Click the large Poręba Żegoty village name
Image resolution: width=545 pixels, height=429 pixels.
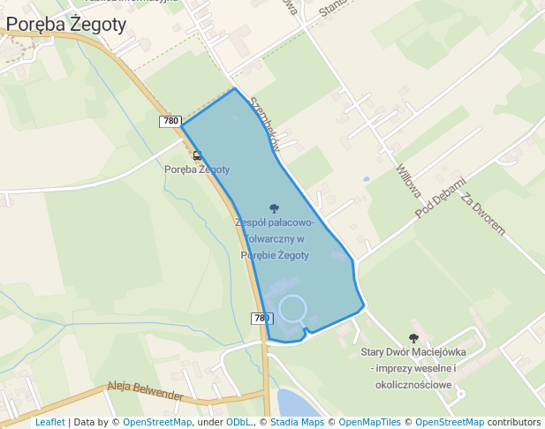65,25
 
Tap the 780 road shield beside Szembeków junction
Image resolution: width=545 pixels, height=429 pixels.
171,121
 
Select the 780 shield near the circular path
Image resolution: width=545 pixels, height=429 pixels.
261,318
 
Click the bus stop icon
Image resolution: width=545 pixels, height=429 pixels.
197,155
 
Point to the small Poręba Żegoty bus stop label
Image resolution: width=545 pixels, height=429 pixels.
197,169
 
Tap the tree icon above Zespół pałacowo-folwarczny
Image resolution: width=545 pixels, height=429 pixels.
274,209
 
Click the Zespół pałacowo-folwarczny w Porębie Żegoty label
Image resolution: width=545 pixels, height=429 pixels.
274,238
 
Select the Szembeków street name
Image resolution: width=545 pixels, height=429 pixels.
265,123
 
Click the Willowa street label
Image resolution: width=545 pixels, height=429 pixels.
408,180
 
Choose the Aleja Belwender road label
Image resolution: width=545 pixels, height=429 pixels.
145,390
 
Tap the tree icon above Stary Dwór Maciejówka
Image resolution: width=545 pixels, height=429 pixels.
413,338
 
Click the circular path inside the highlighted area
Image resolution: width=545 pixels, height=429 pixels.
292,309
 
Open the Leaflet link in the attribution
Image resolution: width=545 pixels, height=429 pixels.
49,422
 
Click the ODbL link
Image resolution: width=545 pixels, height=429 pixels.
238,422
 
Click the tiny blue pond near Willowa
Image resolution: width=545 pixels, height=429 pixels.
366,179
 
